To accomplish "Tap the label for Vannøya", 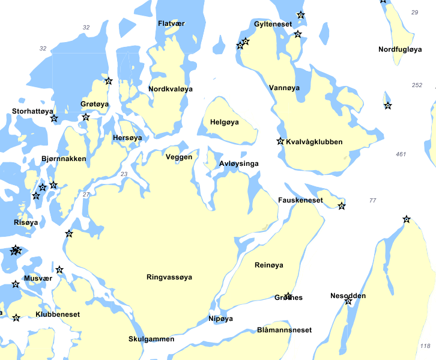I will tap(284, 88).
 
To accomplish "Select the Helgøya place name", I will tap(225, 122).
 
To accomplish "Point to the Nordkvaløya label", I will tap(171, 89).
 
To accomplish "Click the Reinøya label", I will tap(268, 265).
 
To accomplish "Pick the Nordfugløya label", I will tap(400, 49).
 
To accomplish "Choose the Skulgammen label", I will tap(151, 339).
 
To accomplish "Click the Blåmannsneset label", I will tap(284, 330).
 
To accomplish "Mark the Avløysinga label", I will tap(239, 163).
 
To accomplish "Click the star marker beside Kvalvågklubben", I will tap(280, 141).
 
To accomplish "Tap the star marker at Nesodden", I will tap(348, 301).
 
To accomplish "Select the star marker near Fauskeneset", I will tap(342, 206).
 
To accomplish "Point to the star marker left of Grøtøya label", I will tap(86, 117).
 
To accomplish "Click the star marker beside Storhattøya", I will tap(54, 118).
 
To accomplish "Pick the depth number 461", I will tap(401, 154).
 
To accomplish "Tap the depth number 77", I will tap(372, 200).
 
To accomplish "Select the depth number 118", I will tap(425, 346).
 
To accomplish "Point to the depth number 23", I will tap(124, 174).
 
